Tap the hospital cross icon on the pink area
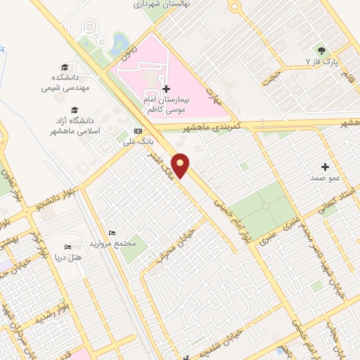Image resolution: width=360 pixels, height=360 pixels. (166, 89)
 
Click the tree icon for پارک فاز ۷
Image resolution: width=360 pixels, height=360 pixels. (321, 50)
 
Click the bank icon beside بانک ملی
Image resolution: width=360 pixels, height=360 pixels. (138, 131)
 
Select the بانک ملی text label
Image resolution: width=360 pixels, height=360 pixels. (138, 142)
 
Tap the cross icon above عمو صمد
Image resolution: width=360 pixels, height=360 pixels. (325, 167)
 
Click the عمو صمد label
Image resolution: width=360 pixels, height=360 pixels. (325, 179)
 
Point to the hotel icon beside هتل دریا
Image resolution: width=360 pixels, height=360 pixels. (67, 247)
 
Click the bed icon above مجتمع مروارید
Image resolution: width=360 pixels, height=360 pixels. (111, 233)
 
